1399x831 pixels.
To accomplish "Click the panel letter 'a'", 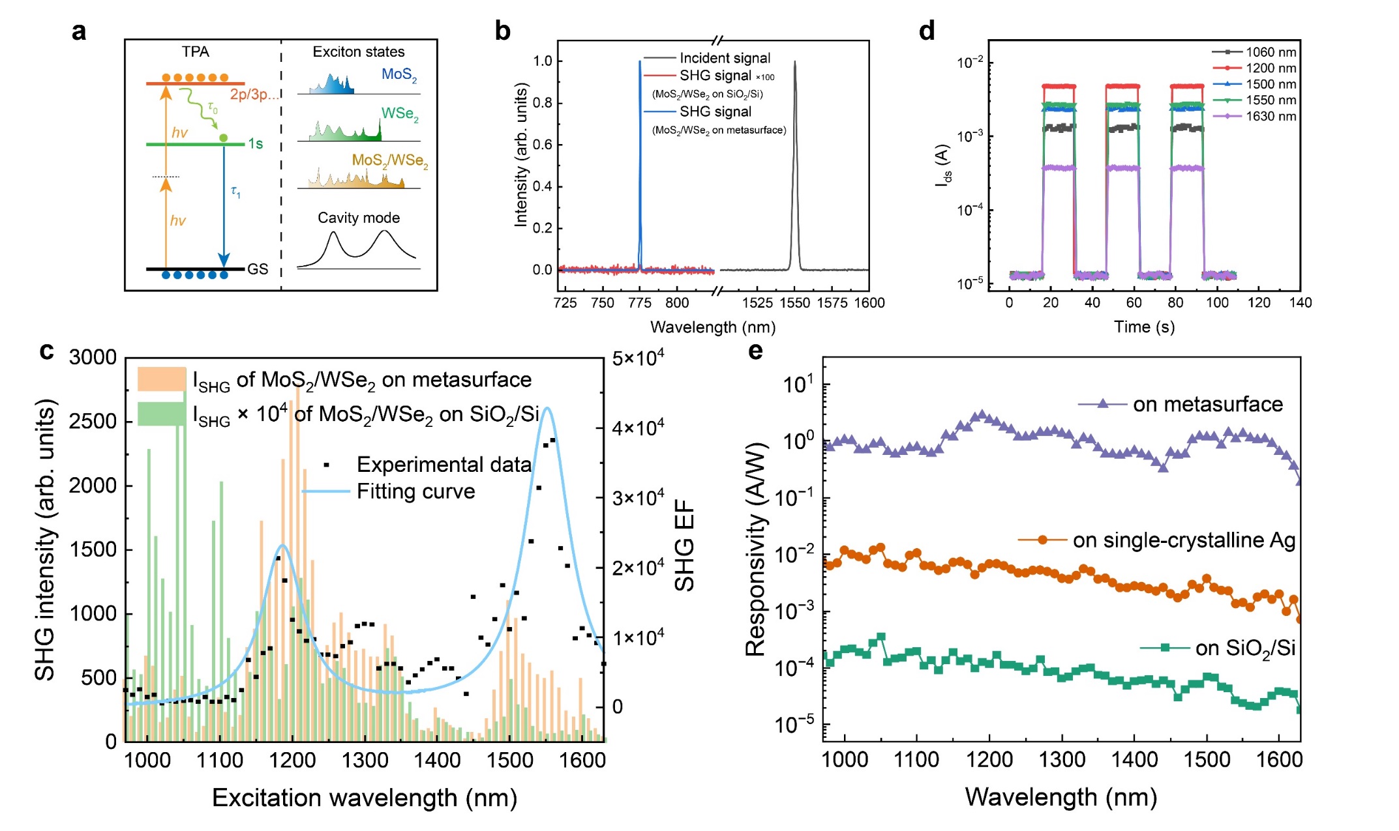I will click(x=79, y=31).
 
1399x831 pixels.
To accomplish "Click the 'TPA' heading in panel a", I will click(x=196, y=52).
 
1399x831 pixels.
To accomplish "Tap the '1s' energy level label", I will click(x=256, y=144).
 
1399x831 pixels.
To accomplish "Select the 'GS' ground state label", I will click(x=258, y=269).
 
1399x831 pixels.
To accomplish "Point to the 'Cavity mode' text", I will click(x=359, y=218).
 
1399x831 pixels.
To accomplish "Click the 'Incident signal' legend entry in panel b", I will click(x=725, y=58).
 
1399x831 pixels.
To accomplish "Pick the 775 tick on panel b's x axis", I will click(x=640, y=303).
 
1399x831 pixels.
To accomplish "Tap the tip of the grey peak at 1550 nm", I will click(x=794, y=63).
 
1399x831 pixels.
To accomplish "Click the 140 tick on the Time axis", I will click(x=1300, y=303).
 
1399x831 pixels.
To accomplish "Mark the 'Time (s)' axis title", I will click(x=1144, y=327).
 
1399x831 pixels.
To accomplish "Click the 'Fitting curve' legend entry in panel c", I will click(x=415, y=491).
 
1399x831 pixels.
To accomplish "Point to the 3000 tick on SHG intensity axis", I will click(x=93, y=357).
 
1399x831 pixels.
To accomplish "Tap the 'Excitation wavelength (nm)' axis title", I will click(x=365, y=798).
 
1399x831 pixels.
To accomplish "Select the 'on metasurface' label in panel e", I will click(x=1207, y=405).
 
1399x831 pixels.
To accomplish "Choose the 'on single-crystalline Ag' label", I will click(x=1184, y=540).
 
